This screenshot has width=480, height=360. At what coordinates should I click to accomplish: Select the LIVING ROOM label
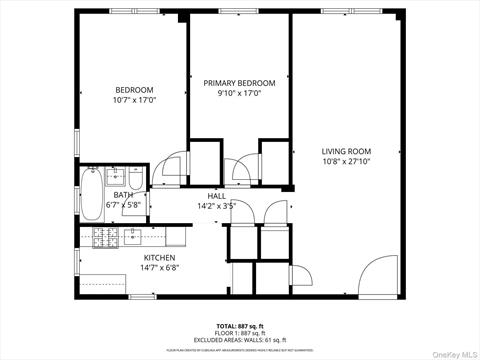tap(346, 151)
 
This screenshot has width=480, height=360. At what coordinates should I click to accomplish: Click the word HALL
tap(217, 196)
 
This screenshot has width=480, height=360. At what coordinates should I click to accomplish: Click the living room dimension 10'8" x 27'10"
tap(346, 161)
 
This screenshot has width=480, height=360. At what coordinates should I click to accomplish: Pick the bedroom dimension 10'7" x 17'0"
tap(133, 100)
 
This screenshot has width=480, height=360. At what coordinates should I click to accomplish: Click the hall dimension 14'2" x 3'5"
tap(217, 206)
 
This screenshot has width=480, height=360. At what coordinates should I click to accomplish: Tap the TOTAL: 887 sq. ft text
tap(239, 326)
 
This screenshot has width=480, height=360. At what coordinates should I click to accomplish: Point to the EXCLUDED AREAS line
tap(239, 340)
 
